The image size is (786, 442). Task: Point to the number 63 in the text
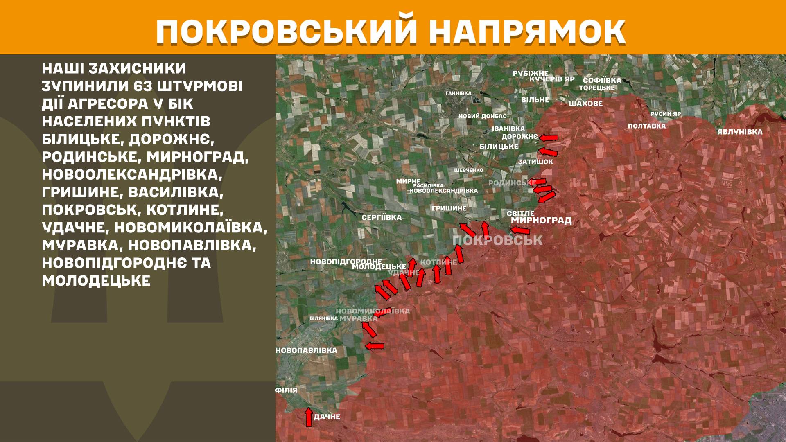coord(145,87)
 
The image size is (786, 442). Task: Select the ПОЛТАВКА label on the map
coord(647,126)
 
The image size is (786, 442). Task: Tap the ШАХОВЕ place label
coord(585,104)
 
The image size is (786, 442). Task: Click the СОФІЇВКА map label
coord(602,80)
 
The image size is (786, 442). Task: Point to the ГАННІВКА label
coord(458,93)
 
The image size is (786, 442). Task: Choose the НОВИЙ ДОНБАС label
coord(482,116)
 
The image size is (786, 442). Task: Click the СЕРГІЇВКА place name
coord(382,218)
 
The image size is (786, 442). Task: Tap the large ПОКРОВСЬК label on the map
coord(498,240)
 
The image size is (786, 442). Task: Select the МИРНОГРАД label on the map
coord(541,221)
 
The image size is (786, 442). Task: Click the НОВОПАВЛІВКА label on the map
coord(306,350)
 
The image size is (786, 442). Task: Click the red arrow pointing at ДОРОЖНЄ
coord(549,138)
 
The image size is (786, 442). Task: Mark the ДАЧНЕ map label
coord(327,417)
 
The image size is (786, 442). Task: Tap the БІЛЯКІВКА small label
coord(324,318)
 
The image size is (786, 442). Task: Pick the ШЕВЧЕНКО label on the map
coord(469,170)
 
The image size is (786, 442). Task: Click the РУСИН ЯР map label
coord(666,114)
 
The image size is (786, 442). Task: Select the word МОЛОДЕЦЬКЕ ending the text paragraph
coord(96,281)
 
